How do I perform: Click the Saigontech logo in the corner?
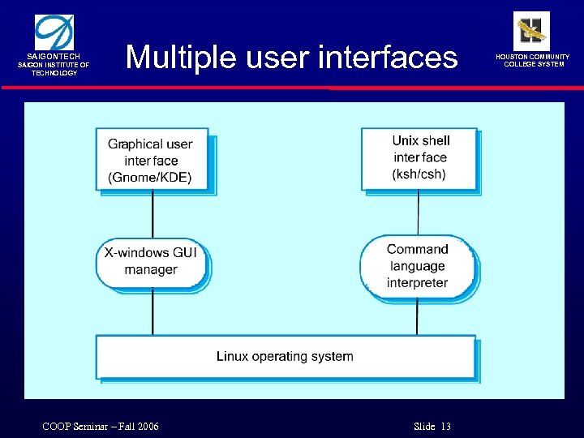coord(54,33)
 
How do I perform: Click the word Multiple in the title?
coord(172,58)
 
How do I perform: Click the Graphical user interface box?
coord(152,160)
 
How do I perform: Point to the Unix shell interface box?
coord(419,158)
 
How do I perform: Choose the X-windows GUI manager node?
coord(151,261)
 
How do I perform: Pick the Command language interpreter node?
coord(417,265)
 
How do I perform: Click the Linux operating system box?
coord(285,356)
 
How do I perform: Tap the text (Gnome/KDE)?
coord(150,178)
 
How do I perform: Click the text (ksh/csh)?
coord(419,174)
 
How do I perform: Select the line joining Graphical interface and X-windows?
coord(152,214)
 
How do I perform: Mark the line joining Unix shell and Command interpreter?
coord(418,213)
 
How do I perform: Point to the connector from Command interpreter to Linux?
coord(417,316)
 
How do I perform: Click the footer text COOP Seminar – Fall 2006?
coord(101,427)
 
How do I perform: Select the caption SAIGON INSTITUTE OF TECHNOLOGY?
coord(54,69)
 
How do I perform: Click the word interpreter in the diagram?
coord(417,283)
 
